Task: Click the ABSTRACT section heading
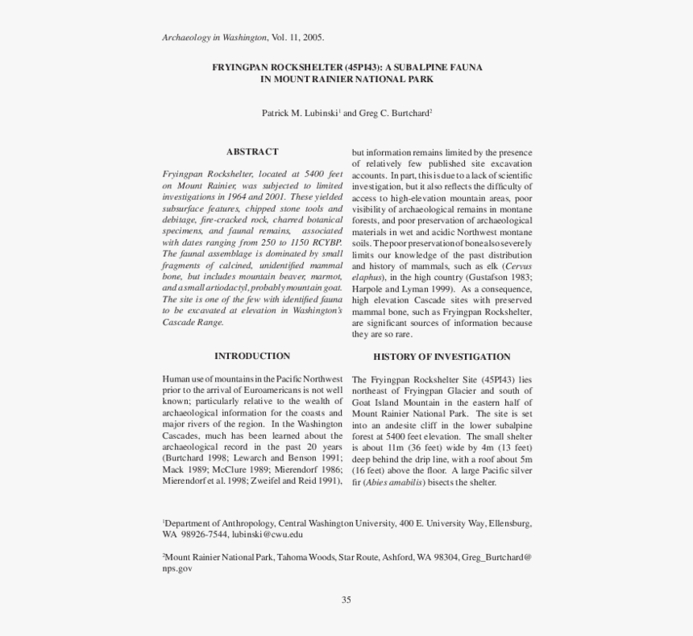pyautogui.click(x=252, y=151)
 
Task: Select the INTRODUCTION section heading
pyautogui.click(x=252, y=356)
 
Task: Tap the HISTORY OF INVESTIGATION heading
pyautogui.click(x=442, y=357)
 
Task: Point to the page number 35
pyautogui.click(x=346, y=599)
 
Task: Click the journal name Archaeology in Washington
pyautogui.click(x=214, y=38)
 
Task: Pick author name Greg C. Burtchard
pyautogui.click(x=394, y=114)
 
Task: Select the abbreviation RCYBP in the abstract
pyautogui.click(x=326, y=242)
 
